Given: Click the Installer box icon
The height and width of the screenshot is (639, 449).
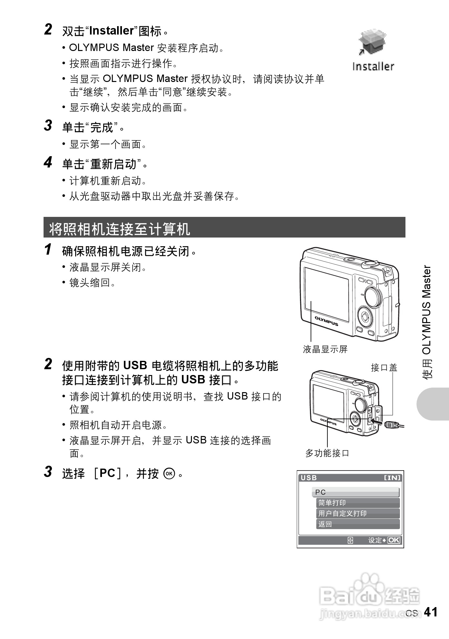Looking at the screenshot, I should coord(372,42).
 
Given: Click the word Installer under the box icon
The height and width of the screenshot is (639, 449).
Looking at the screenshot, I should coord(373,66).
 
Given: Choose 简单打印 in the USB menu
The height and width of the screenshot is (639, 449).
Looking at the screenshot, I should coord(358,503).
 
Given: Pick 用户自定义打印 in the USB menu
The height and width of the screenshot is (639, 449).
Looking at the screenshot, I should coord(358,513).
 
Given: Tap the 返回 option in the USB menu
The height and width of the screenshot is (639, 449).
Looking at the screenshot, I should coord(358,524).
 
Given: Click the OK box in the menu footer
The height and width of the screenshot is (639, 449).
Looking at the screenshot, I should coord(394,540).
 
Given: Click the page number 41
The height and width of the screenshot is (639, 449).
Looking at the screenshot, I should coord(431,612).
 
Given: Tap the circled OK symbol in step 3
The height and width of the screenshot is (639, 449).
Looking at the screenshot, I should coord(169,474).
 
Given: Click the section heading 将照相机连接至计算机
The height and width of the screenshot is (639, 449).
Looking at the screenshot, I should coord(120,229).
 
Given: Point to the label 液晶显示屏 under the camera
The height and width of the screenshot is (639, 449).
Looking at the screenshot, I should coord(325,349).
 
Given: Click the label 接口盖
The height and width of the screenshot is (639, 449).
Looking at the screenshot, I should coord(384,368).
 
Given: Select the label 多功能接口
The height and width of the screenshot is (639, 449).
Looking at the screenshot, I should coord(327,453).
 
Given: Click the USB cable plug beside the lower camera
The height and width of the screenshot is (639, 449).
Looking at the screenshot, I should coord(391,424).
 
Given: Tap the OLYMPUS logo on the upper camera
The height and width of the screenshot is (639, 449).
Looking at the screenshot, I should coord(326,321).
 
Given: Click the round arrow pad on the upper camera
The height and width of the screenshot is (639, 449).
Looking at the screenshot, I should coord(365,317).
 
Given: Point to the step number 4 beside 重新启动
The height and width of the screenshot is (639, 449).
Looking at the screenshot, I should coord(48,162).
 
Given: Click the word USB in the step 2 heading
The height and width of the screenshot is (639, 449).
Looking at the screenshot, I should coord(135,365).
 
